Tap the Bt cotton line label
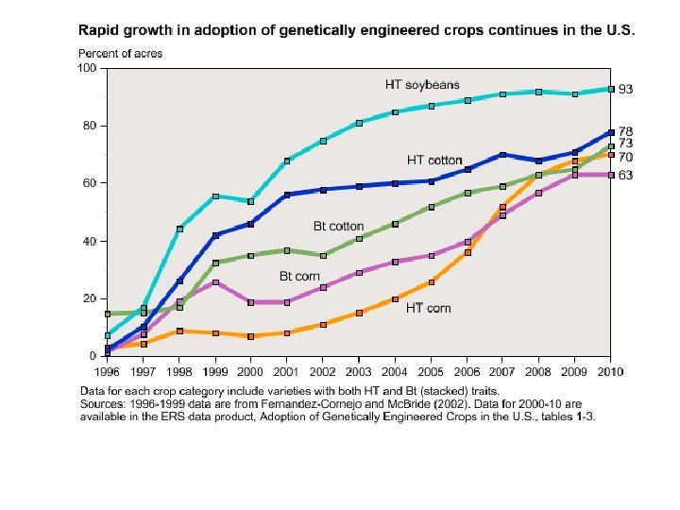338,227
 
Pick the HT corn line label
428,308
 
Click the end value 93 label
626,89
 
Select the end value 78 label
626,131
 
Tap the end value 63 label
626,175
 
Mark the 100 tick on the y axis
88,68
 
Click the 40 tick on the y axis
92,241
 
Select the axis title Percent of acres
120,54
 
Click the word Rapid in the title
98,29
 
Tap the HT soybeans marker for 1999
216,196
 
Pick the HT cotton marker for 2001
287,195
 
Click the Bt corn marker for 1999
216,282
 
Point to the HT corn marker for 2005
431,281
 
